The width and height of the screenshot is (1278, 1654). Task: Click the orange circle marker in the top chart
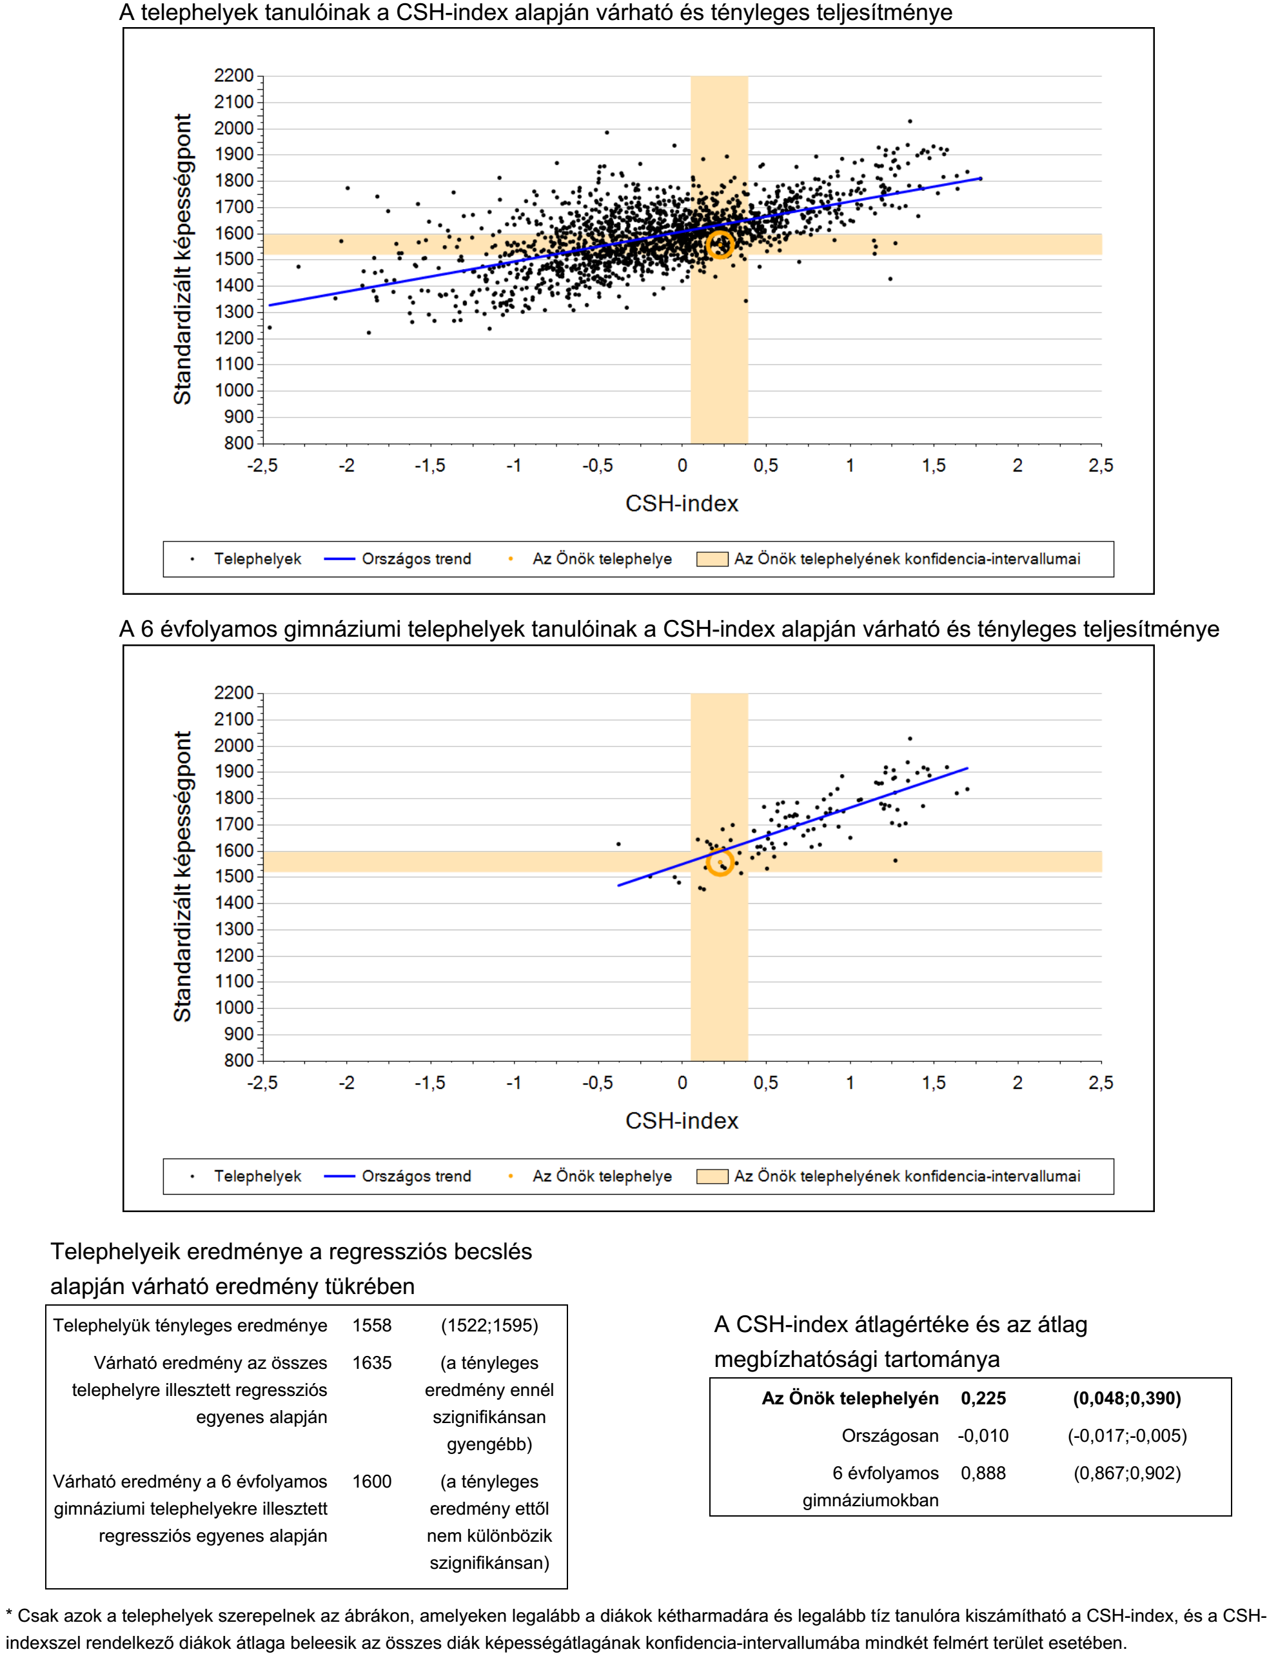(719, 244)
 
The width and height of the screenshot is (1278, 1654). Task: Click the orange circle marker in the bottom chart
(719, 862)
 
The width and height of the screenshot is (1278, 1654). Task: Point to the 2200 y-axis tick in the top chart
(234, 75)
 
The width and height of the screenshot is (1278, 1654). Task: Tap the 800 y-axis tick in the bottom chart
(239, 1061)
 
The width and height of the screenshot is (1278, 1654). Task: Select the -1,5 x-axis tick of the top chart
(429, 466)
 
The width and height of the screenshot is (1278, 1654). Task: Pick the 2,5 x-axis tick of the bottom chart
(1101, 1083)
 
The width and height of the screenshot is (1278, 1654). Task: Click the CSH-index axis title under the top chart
(682, 504)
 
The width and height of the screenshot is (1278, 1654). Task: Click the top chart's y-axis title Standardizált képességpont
(182, 259)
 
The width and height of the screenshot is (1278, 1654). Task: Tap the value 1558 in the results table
(372, 1325)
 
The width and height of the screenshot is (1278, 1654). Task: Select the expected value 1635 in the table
(372, 1362)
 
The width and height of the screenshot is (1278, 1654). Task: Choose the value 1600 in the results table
(372, 1481)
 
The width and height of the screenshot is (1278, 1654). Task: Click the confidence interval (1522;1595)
(489, 1325)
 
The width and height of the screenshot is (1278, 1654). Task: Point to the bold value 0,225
(983, 1398)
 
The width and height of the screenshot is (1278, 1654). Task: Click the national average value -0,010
(983, 1435)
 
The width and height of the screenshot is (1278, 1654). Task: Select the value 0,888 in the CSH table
(983, 1473)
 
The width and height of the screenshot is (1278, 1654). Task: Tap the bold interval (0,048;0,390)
(1126, 1398)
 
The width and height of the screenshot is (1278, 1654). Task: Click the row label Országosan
(890, 1436)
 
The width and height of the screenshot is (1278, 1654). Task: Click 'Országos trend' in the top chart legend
(416, 559)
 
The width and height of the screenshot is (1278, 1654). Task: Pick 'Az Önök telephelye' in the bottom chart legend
(602, 1176)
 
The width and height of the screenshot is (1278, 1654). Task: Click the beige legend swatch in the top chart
(712, 559)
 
